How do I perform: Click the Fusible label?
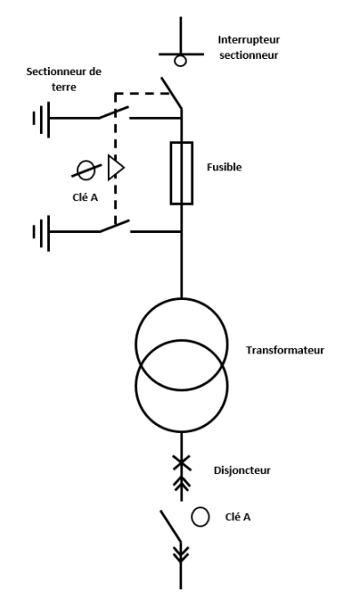pyautogui.click(x=224, y=167)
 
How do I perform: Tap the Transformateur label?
pyautogui.click(x=285, y=350)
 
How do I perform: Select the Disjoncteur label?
pyautogui.click(x=242, y=470)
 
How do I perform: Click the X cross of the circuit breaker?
pyautogui.click(x=181, y=463)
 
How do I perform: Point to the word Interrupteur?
pyautogui.click(x=248, y=40)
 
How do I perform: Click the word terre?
pyautogui.click(x=64, y=87)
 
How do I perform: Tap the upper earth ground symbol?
pyautogui.click(x=42, y=118)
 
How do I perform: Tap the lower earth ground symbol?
pyautogui.click(x=42, y=232)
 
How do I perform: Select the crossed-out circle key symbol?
pyautogui.click(x=86, y=170)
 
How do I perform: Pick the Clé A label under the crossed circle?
pyautogui.click(x=85, y=198)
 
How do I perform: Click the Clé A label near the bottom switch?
pyautogui.click(x=238, y=516)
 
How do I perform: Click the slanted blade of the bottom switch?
pyautogui.click(x=170, y=526)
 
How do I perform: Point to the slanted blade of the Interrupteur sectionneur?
pyautogui.click(x=171, y=93)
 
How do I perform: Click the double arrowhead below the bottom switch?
pyautogui.click(x=180, y=554)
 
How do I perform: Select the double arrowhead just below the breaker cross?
pyautogui.click(x=181, y=483)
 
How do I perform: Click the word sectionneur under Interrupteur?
pyautogui.click(x=248, y=55)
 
